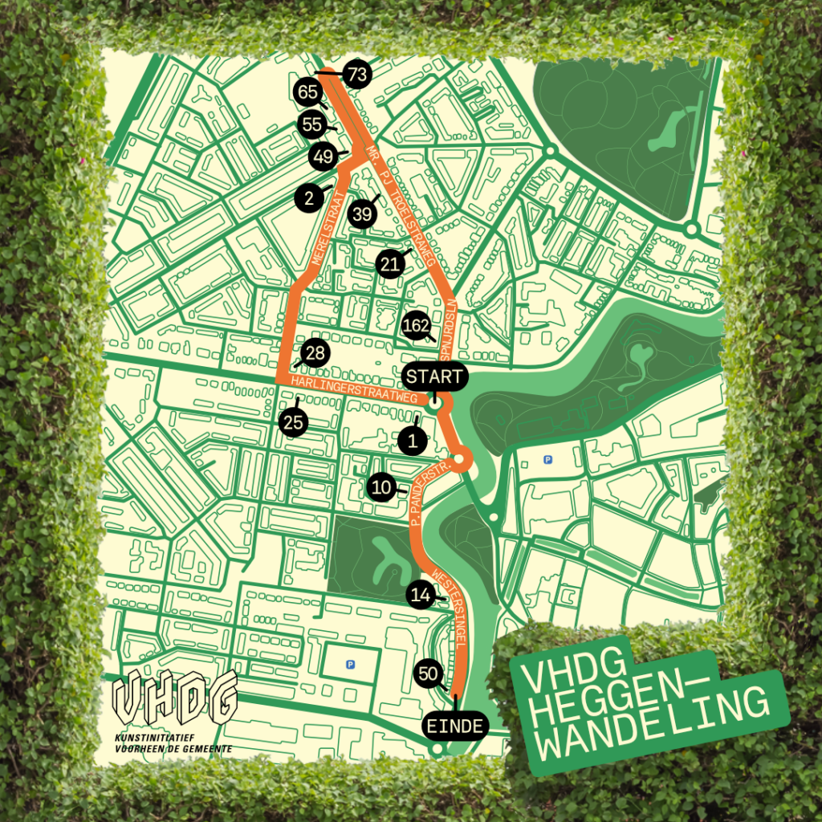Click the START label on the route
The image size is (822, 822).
[434, 376]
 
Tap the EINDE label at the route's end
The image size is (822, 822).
[455, 726]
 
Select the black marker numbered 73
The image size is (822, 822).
[357, 75]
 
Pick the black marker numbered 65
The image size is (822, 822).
[308, 92]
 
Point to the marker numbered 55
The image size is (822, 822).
[311, 124]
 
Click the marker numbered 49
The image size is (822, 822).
[323, 157]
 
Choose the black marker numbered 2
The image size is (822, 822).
[309, 197]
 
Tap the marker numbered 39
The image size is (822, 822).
[362, 214]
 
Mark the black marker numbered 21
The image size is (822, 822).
[390, 264]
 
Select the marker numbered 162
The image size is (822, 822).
[417, 324]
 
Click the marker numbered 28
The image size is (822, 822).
[315, 353]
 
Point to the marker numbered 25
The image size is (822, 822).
[295, 422]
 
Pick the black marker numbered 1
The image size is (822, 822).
[413, 440]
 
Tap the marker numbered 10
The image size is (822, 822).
[381, 486]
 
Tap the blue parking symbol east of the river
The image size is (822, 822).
[548, 460]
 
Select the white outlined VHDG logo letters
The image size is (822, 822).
[175, 697]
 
